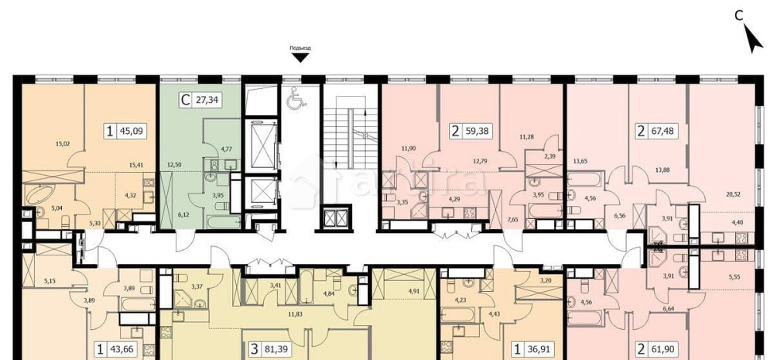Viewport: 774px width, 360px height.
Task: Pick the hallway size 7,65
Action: pos(512,220)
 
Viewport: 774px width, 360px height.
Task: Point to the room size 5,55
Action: pos(735,275)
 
